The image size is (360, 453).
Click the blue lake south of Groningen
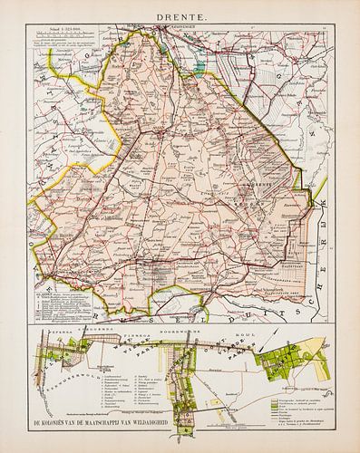pyautogui.click(x=198, y=64)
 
